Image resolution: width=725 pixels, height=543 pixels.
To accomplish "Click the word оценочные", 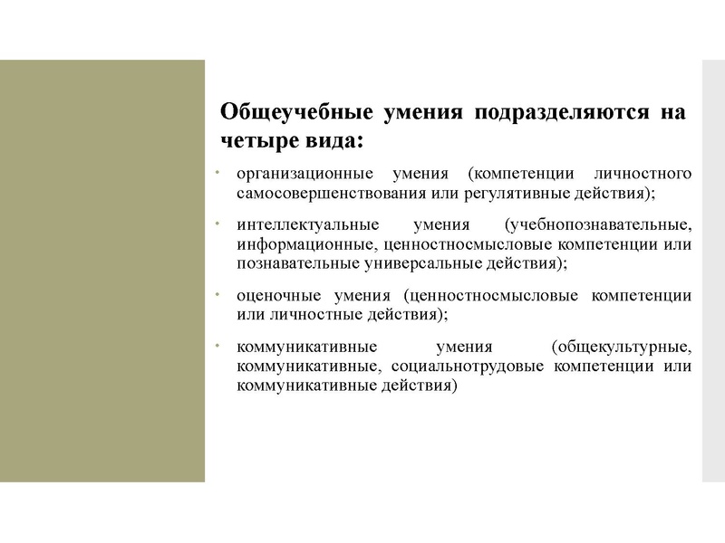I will (272, 296).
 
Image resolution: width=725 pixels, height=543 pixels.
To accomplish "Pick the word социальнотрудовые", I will (470, 367).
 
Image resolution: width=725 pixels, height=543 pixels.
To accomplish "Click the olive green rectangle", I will (102, 271).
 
